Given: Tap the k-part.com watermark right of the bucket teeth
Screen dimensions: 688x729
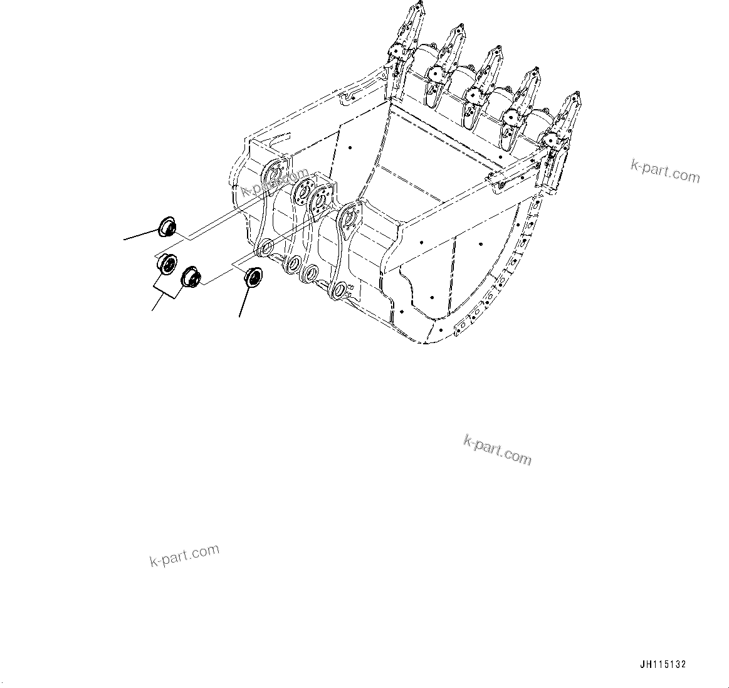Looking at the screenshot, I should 664,171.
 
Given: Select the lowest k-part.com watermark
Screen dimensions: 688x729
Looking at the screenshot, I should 184,554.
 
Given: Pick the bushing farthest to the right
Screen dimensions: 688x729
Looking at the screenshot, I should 253,276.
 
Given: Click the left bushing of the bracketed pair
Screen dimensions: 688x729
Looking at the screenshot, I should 167,264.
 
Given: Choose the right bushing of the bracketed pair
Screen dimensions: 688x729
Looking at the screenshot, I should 190,276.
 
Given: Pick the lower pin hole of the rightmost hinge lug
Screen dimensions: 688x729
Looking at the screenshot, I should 338,289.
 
